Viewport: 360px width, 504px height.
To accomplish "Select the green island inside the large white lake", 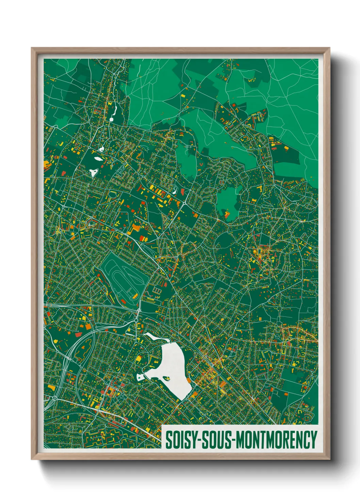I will coord(167,378).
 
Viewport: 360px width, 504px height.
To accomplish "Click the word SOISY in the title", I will coord(180,440).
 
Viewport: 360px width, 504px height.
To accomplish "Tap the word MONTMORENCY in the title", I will coord(276,440).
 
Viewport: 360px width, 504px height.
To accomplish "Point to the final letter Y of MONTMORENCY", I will coord(313,440).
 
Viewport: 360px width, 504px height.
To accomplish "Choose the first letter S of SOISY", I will coord(168,440).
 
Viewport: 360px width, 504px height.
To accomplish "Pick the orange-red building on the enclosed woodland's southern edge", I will coord(226,214).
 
